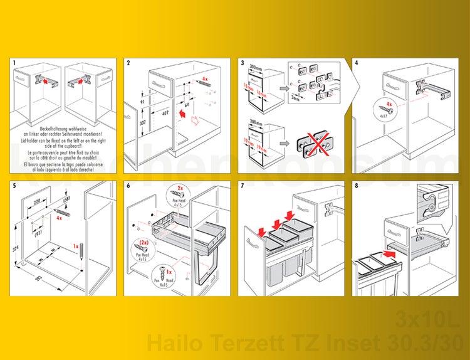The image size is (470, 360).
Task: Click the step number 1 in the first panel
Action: point(14,63)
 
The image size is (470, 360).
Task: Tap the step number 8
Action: point(357,185)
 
